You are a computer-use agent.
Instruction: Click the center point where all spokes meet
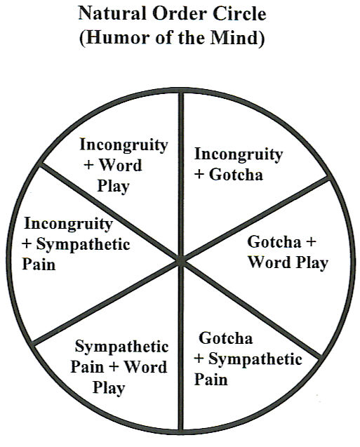(x=180, y=260)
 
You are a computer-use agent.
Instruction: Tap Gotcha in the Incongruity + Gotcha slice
(x=236, y=175)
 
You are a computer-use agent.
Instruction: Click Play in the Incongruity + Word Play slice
(x=114, y=187)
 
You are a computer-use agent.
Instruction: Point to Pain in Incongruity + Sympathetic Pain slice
(x=39, y=264)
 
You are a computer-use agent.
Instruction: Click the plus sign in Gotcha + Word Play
(x=311, y=242)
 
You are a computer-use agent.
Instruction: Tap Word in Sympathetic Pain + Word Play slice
(x=146, y=366)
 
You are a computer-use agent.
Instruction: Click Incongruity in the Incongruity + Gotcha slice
(x=239, y=154)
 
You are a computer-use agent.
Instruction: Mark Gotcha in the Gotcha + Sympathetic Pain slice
(x=226, y=338)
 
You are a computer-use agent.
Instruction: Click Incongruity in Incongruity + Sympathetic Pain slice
(x=68, y=223)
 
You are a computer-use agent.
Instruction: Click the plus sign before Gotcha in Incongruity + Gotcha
(x=200, y=175)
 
